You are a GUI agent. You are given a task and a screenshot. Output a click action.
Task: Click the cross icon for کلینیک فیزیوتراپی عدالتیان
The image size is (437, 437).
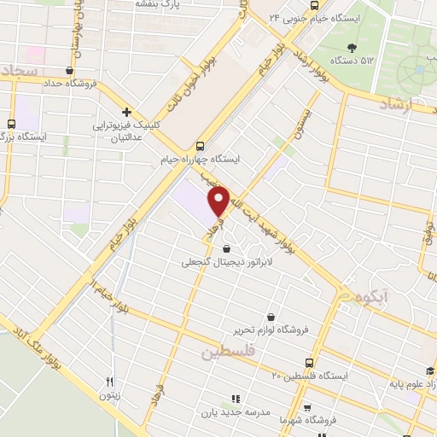[x=126, y=112]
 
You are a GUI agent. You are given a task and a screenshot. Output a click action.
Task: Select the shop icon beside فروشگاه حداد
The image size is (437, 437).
[x=70, y=71]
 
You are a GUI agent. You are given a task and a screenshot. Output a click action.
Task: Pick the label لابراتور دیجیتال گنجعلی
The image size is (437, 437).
[x=224, y=263]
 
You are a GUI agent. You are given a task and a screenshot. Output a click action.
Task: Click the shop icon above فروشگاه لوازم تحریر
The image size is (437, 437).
[x=271, y=316]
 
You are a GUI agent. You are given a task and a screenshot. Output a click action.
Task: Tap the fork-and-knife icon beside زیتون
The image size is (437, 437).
[x=108, y=382]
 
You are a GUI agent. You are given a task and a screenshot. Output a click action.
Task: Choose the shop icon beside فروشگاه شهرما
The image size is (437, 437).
[x=307, y=408]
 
